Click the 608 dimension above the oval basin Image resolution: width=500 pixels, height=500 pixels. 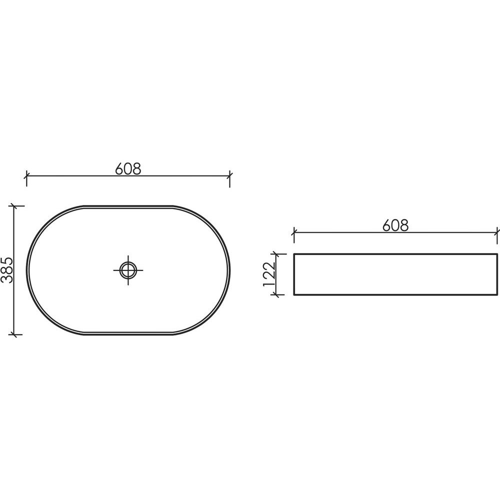click(128, 168)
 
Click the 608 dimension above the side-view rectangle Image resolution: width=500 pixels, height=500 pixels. click(395, 225)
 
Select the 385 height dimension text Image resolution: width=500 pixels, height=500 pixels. click(6, 270)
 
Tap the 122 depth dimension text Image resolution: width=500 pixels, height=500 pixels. click(269, 274)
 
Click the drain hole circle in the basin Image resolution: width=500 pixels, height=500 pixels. click(128, 270)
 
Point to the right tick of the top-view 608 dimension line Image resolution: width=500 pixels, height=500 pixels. click(229, 175)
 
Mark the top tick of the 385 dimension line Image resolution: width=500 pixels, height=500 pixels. click(13, 206)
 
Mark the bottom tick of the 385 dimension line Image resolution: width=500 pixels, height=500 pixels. click(13, 334)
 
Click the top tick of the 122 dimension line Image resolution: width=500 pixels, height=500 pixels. click(276, 254)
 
